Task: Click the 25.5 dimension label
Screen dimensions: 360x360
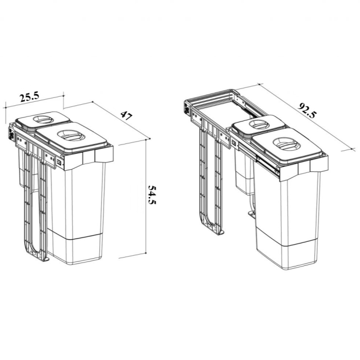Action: pos(29,97)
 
